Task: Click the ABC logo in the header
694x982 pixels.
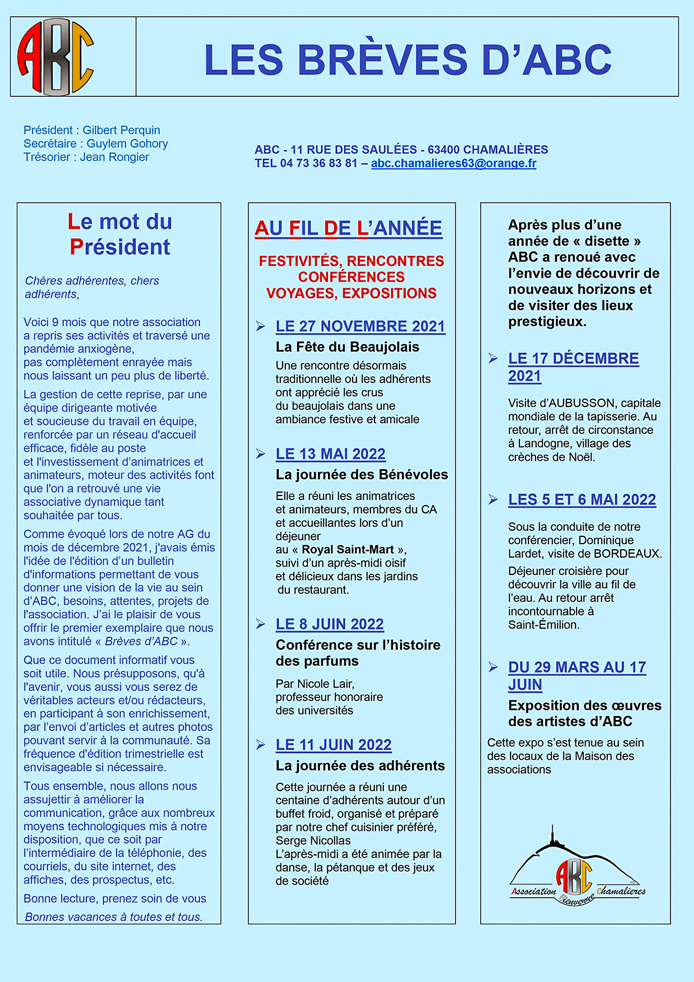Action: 56,57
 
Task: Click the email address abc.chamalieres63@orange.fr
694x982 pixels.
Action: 453,163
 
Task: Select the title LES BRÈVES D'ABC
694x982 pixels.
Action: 407,59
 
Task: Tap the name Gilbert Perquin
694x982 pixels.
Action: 121,130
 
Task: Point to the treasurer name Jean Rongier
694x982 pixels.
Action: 115,157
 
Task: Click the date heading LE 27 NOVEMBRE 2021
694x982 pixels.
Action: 360,326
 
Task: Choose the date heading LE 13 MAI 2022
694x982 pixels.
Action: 330,454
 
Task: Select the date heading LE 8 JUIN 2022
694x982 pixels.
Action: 330,624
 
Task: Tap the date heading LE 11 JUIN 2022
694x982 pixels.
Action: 334,745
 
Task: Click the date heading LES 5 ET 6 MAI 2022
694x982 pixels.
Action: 582,500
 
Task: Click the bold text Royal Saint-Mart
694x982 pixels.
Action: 348,550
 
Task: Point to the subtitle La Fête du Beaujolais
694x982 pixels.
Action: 347,347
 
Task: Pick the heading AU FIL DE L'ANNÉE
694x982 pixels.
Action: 348,228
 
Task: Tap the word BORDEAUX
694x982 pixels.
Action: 627,554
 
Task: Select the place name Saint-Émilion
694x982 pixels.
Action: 543,625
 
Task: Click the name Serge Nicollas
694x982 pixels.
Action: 313,841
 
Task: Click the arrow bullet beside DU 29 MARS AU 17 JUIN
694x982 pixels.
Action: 493,667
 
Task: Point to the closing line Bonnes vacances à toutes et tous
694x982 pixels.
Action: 114,917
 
